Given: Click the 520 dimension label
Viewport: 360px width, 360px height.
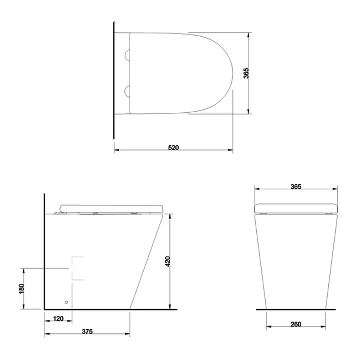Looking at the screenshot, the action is click(174, 147).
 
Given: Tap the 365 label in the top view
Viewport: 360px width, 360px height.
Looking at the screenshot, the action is click(246, 73).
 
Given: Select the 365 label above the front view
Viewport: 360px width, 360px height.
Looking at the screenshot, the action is click(296, 186).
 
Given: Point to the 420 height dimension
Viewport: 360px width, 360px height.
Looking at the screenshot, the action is click(168, 261).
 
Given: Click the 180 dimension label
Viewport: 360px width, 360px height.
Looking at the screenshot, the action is click(21, 289).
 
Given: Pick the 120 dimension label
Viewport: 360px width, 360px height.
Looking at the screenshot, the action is click(58, 319).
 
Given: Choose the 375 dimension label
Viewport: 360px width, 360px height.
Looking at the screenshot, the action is click(87, 332).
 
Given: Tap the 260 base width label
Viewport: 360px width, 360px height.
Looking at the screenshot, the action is click(296, 324).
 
